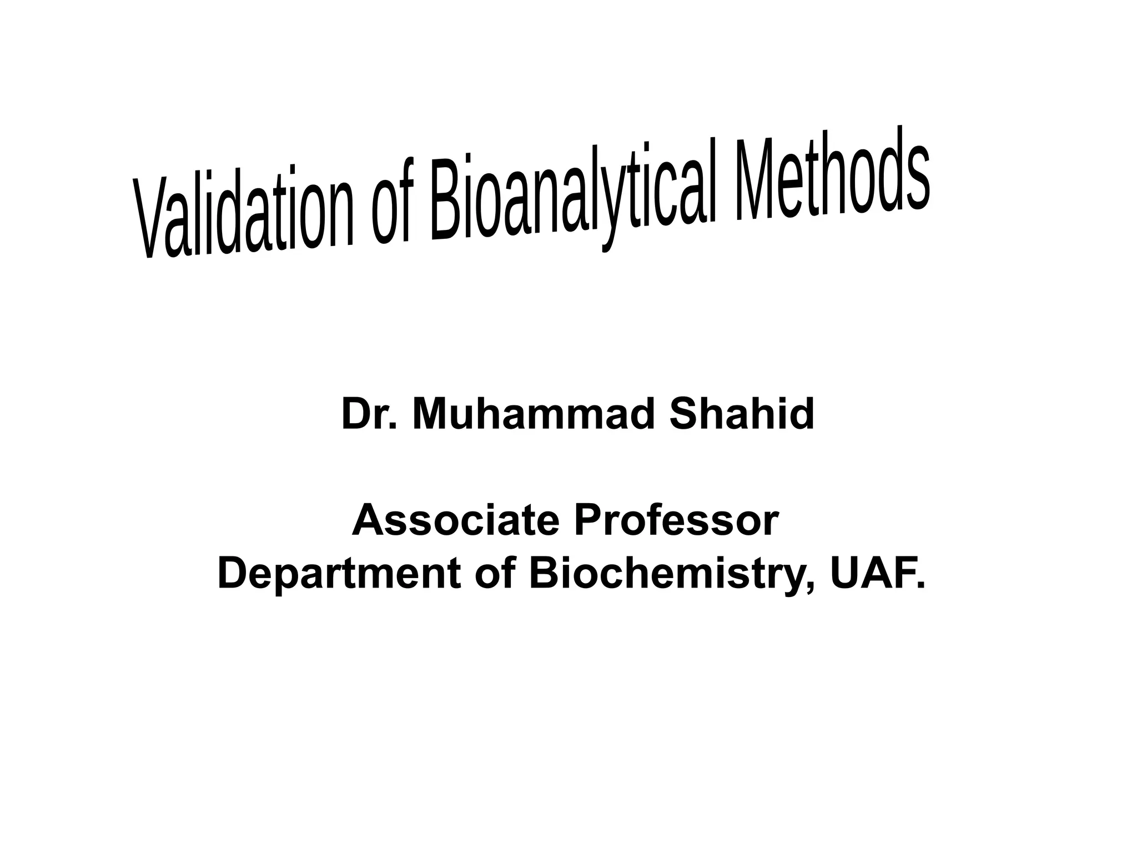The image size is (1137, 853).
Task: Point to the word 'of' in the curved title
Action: pyautogui.click(x=389, y=208)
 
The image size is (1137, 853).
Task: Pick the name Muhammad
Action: pyautogui.click(x=533, y=414)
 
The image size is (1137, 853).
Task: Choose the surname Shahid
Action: pyautogui.click(x=741, y=414)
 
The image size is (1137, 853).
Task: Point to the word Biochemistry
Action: pyautogui.click(x=669, y=574)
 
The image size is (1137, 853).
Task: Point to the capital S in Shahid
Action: pyautogui.click(x=683, y=414)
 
